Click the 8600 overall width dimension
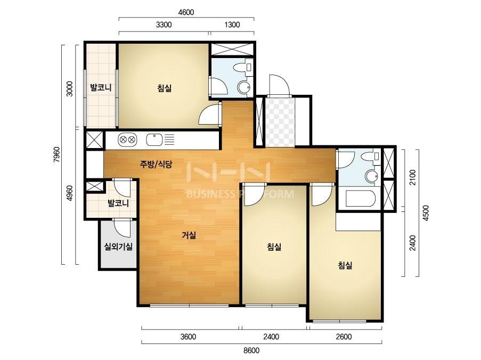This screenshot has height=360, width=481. [x=251, y=350]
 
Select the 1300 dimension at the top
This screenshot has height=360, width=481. [x=232, y=24]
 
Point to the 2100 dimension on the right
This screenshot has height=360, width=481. [x=413, y=177]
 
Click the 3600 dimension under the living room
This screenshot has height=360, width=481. [x=188, y=337]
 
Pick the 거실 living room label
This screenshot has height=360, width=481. [x=189, y=235]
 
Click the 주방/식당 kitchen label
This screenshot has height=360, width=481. [x=156, y=165]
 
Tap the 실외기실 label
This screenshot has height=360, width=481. [x=118, y=246]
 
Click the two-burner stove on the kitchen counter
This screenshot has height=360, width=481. [x=127, y=140]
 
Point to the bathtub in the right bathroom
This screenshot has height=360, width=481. [x=361, y=199]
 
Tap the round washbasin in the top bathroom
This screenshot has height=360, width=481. [x=244, y=87]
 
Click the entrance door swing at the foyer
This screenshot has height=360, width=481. [x=279, y=86]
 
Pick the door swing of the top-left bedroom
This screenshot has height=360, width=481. [x=209, y=114]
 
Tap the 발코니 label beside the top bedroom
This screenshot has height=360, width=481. [x=100, y=87]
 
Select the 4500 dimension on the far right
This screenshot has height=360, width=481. [x=426, y=213]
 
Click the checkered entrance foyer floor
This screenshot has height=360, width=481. [x=280, y=122]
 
